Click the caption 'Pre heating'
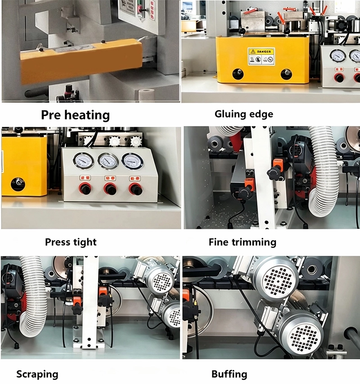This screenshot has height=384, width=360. point(75,115)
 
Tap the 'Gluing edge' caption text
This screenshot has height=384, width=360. point(243,114)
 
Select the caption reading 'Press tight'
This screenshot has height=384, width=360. point(71,242)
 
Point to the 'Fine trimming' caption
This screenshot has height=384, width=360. point(242,242)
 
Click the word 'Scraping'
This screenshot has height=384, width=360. point(37,374)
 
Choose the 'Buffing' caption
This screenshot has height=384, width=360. point(229,374)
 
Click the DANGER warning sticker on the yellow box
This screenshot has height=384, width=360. point(261,56)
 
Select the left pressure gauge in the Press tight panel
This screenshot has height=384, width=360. point(84,161)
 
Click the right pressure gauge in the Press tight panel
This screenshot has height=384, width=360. point(131,161)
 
